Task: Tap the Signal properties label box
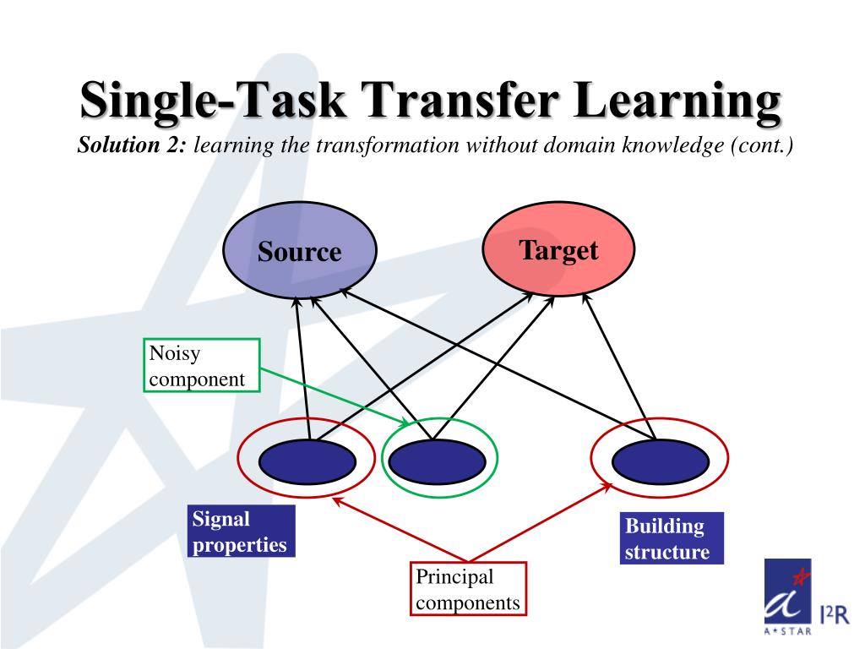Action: (x=240, y=532)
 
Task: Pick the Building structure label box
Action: (x=672, y=539)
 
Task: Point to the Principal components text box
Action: (x=468, y=590)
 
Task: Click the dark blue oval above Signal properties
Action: (x=307, y=461)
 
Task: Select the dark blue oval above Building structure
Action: (x=659, y=461)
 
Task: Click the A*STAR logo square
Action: (x=787, y=595)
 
